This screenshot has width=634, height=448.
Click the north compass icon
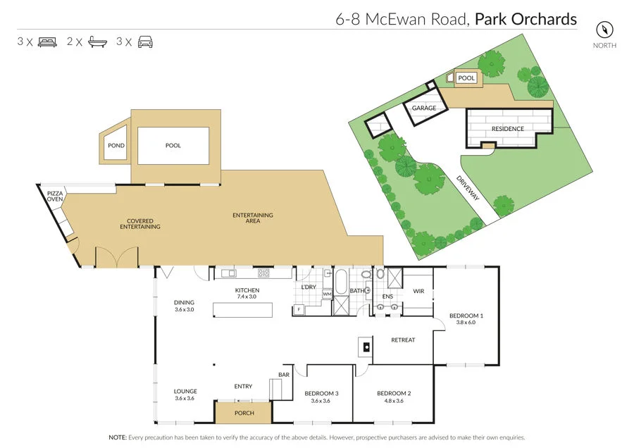pyautogui.click(x=604, y=30)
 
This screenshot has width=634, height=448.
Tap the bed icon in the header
pyautogui.click(x=48, y=42)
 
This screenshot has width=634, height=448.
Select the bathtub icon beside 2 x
pyautogui.click(x=97, y=42)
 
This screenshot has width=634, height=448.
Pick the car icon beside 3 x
pyautogui.click(x=145, y=42)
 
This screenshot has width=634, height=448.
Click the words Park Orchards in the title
pyautogui.click(x=526, y=18)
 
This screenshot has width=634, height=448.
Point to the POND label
pyautogui.click(x=116, y=146)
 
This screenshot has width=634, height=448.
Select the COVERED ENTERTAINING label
pyautogui.click(x=139, y=224)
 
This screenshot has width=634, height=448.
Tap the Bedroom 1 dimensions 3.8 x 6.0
pyautogui.click(x=466, y=323)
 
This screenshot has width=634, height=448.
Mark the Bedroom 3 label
pyautogui.click(x=321, y=393)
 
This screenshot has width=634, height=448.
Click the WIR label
pyautogui.click(x=418, y=290)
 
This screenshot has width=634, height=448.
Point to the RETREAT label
pyautogui.click(x=403, y=340)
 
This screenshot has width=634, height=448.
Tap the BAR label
pyautogui.click(x=284, y=375)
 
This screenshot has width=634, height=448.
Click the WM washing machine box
pyautogui.click(x=327, y=294)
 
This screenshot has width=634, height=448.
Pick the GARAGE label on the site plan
pyautogui.click(x=424, y=108)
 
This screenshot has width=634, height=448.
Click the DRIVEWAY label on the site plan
pyautogui.click(x=468, y=188)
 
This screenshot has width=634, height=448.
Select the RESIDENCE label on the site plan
pyautogui.click(x=507, y=129)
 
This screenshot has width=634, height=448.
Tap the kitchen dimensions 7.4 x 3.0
pyautogui.click(x=247, y=297)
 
